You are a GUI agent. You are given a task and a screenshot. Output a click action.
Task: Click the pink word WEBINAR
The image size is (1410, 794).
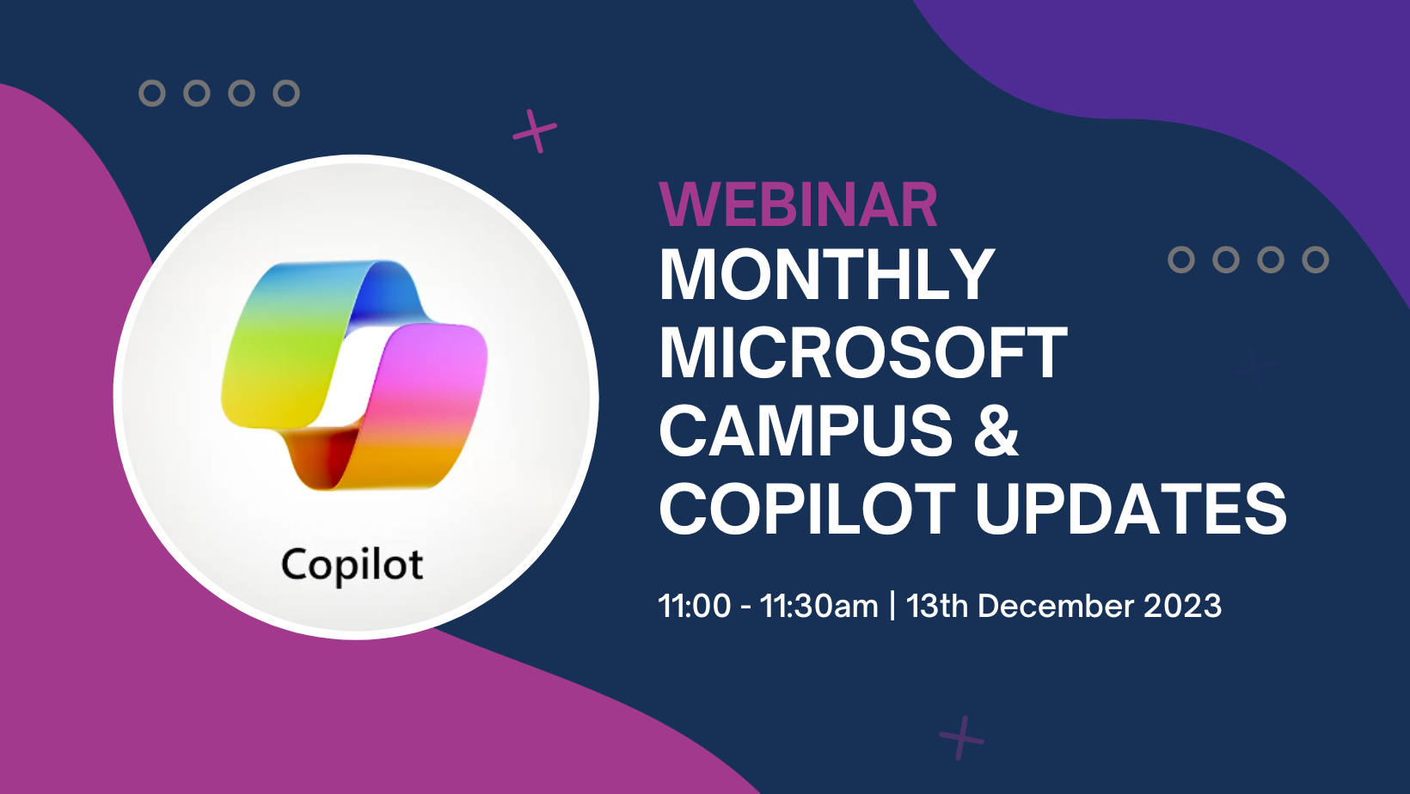coord(797,205)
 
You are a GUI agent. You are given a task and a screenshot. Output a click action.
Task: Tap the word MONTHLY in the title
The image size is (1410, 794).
coord(826,275)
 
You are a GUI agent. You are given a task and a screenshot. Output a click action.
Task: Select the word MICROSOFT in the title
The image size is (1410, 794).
coord(862,353)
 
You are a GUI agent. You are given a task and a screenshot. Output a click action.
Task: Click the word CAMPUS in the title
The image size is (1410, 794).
coord(806,431)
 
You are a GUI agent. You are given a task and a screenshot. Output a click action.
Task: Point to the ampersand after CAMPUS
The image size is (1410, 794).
coord(996,431)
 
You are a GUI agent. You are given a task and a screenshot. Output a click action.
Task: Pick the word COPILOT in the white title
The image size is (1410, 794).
coord(806,509)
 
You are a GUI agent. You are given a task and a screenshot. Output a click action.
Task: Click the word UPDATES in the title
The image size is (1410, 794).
coord(1131,509)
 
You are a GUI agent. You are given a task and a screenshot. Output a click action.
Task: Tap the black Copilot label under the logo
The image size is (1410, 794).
coord(352,565)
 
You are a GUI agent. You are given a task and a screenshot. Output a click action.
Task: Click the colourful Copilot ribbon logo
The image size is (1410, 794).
coord(354,375)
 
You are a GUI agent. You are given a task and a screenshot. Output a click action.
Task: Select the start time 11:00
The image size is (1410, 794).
coord(694,606)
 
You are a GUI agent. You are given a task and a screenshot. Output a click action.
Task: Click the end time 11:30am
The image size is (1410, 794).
coord(818,606)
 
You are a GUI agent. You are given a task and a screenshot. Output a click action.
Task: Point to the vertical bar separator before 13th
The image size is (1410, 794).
coord(892,606)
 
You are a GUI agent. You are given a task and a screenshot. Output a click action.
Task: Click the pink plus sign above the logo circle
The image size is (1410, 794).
coord(535,131)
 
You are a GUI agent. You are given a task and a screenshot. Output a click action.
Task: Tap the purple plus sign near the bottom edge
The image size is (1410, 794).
coord(961,737)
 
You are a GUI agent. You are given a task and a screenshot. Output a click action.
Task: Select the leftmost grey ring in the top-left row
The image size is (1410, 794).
coord(152,93)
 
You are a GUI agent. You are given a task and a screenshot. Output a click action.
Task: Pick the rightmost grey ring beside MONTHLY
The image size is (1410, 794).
coord(1315,260)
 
